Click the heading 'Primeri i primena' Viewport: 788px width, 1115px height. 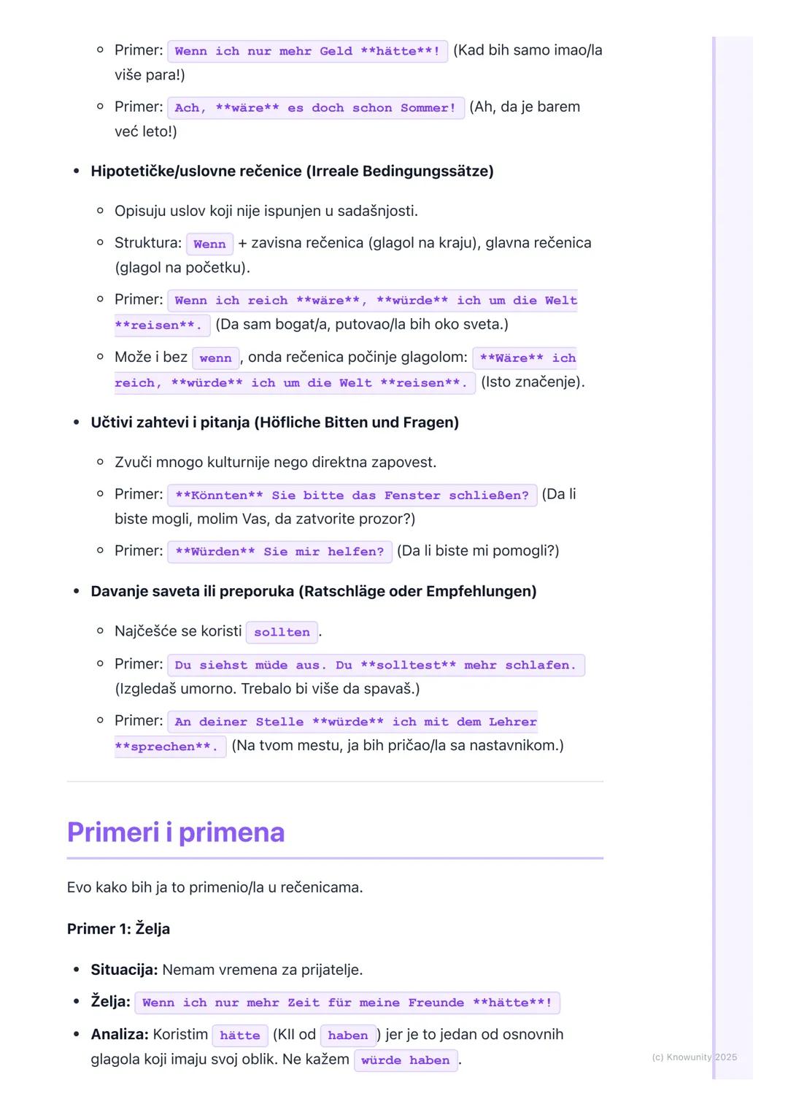[175, 833]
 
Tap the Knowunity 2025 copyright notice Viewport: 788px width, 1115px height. [694, 1057]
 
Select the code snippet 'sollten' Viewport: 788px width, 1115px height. [282, 632]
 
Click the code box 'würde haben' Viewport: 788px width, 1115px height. [405, 1060]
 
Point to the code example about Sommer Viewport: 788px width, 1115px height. [315, 108]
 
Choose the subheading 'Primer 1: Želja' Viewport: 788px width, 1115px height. [118, 929]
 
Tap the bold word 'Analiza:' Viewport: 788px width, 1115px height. [120, 1035]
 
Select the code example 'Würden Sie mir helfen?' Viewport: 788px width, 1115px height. [279, 552]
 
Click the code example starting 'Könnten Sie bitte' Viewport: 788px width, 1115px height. [352, 495]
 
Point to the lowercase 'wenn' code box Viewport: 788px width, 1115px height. [215, 358]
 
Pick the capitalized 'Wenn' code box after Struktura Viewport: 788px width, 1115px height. [209, 244]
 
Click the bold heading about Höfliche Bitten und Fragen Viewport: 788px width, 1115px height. [274, 423]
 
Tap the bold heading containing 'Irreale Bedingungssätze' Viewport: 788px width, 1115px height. [292, 171]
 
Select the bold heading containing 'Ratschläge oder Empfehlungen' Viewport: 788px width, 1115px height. [313, 591]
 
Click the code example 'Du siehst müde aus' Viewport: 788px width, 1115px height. [375, 665]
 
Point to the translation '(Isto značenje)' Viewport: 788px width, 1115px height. [533, 382]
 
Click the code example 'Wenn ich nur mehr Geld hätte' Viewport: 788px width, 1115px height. [307, 51]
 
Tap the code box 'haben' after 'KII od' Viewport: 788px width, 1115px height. [347, 1035]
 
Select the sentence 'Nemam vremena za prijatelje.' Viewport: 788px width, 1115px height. [262, 970]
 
